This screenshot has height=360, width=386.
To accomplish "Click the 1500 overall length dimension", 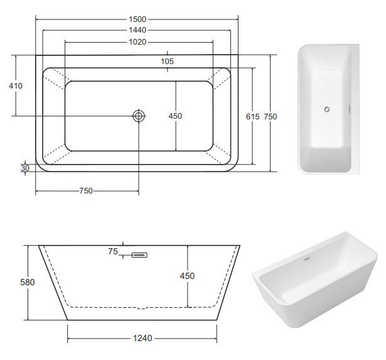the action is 137,19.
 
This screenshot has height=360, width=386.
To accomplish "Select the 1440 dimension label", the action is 137,30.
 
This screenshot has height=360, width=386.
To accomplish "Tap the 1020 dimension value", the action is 137,42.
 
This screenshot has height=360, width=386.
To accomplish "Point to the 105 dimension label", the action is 167,62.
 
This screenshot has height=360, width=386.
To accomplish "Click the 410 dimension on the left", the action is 16,85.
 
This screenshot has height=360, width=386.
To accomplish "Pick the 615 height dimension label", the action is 252,117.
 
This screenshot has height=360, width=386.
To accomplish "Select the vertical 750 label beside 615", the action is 271,117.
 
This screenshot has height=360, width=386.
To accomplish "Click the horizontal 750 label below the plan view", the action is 86,191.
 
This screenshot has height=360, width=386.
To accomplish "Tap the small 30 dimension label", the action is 25,168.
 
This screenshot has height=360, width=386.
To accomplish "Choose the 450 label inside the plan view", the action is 175,116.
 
